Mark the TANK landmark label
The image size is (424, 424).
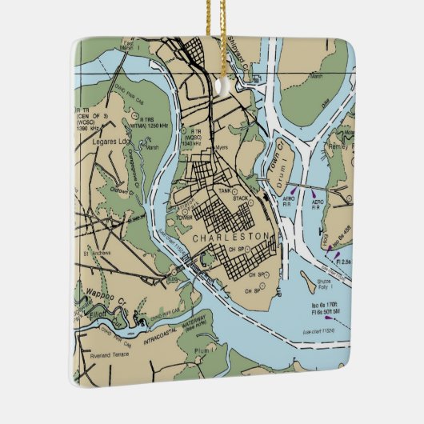pos(225,190)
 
